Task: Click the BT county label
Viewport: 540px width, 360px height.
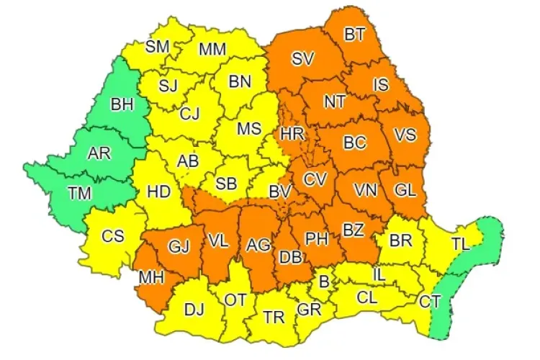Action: [354, 33]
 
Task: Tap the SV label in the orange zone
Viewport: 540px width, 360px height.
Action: [302, 60]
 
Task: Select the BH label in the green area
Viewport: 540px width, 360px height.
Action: [122, 105]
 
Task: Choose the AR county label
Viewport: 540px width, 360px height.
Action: [98, 153]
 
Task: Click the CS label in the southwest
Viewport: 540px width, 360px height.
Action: [112, 235]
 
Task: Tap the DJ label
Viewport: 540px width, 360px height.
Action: [194, 310]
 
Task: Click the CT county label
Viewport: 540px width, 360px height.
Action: [430, 302]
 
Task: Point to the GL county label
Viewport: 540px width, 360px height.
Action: [405, 191]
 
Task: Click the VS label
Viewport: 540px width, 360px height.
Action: [406, 135]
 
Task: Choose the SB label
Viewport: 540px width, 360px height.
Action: [226, 184]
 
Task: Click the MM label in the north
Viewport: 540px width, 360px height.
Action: [212, 50]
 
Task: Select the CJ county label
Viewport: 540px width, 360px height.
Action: [190, 112]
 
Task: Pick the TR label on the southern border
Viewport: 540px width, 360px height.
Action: [273, 316]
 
